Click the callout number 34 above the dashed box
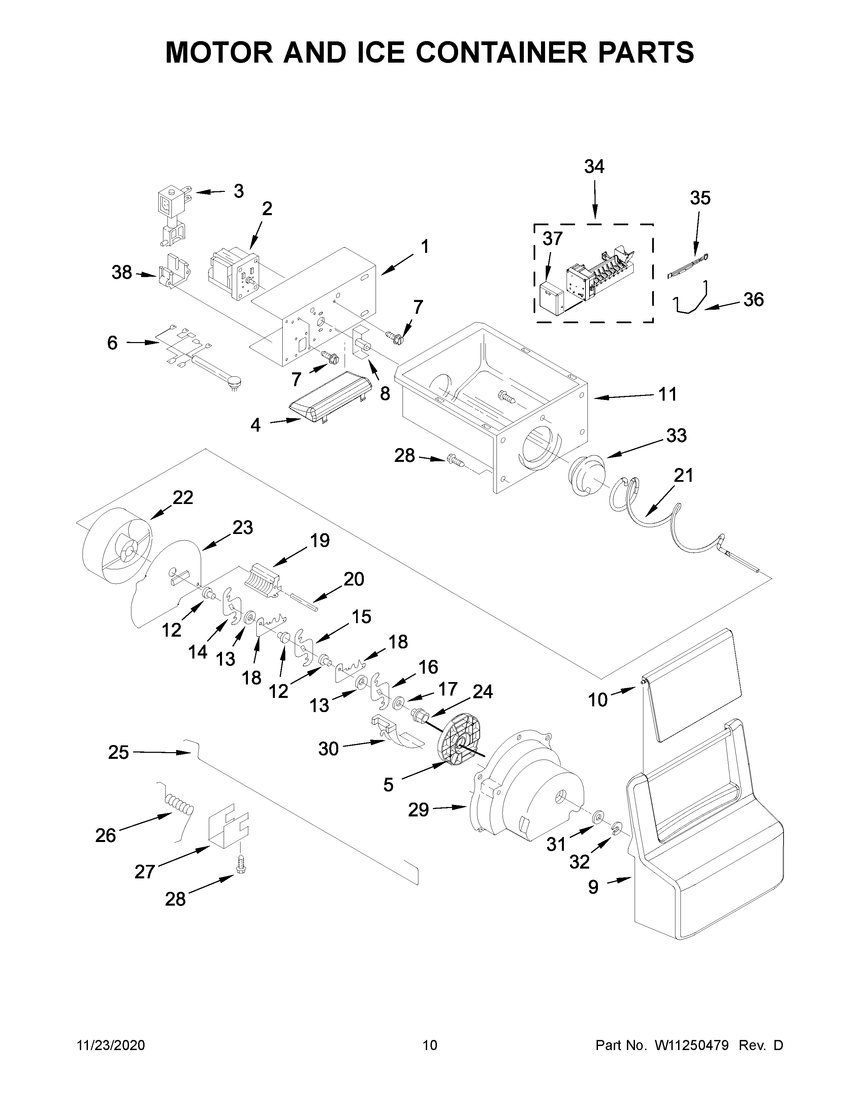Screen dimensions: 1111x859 pyautogui.click(x=594, y=167)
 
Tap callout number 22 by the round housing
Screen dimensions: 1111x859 pyautogui.click(x=183, y=498)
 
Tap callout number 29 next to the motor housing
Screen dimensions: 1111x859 pyautogui.click(x=418, y=809)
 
